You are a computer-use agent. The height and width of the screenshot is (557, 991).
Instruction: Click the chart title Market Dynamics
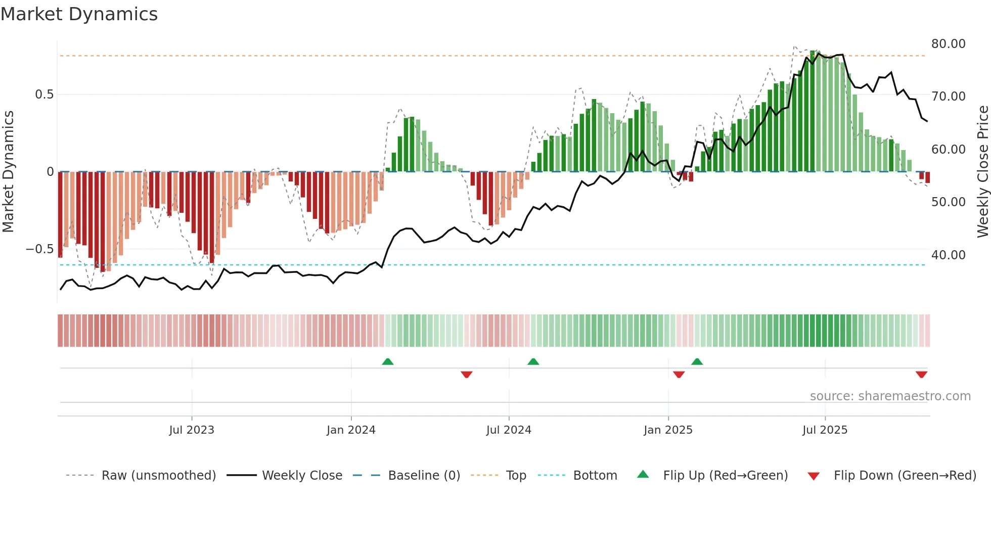(79, 14)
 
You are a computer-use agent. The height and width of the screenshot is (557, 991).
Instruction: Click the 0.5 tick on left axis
(44, 95)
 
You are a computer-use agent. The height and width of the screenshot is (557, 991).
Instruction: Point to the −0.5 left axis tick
(39, 249)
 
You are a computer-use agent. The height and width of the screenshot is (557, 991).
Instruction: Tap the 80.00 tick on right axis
(948, 44)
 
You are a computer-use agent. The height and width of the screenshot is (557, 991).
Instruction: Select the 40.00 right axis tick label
(948, 255)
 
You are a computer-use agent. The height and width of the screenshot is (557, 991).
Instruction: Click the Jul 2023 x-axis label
(192, 430)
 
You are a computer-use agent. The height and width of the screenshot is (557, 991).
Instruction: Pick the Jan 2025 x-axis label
(668, 430)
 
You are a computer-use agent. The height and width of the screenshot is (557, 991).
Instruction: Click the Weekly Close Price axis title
(982, 172)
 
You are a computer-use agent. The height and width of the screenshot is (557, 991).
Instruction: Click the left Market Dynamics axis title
(8, 172)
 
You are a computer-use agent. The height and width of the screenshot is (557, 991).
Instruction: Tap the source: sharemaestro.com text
(890, 396)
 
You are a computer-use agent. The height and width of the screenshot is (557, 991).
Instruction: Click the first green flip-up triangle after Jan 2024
(388, 362)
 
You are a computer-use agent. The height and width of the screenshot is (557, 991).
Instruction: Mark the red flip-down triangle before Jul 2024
(467, 375)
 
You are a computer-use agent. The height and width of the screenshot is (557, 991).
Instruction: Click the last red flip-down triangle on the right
(921, 375)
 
